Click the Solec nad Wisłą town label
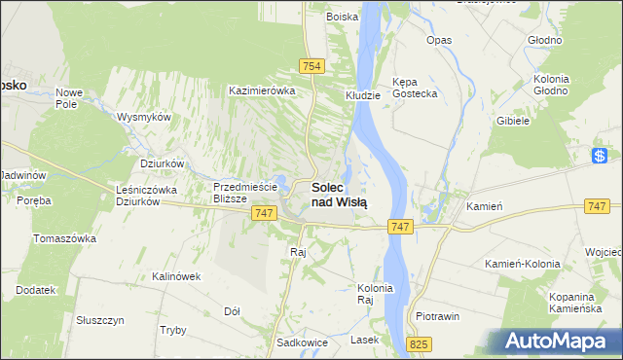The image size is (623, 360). [339, 194]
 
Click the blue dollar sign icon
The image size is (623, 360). [601, 156]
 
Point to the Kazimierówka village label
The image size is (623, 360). [261, 90]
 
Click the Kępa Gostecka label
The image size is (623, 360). [414, 88]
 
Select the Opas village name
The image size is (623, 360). [439, 40]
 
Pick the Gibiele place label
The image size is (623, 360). [512, 121]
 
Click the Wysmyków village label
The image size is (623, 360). [144, 117]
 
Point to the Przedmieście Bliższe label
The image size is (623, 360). [246, 191]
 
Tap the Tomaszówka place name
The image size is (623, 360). [64, 238]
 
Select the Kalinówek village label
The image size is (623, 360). [176, 276]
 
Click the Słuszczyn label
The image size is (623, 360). [99, 319]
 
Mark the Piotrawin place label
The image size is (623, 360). [437, 317]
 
